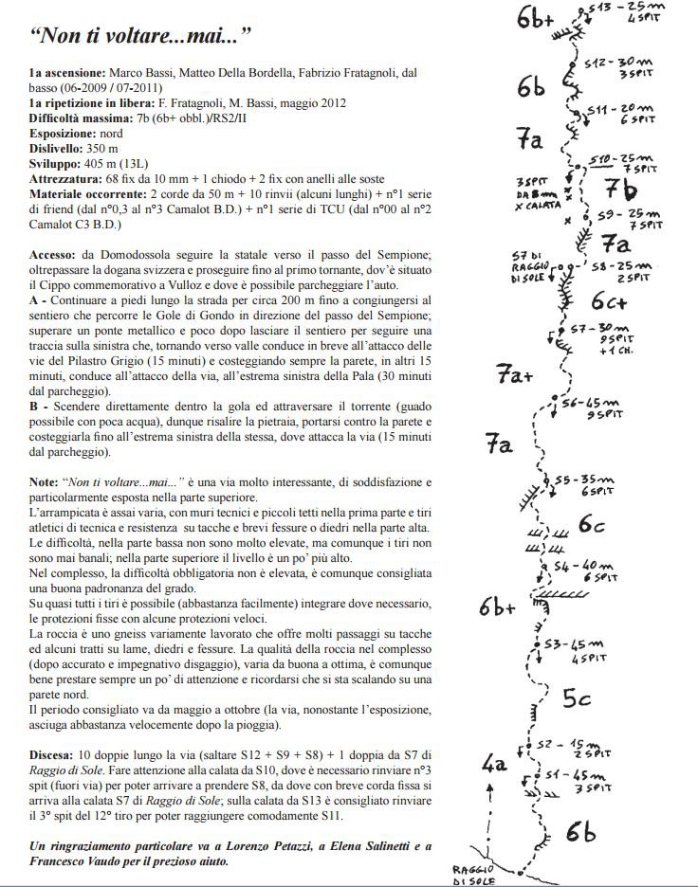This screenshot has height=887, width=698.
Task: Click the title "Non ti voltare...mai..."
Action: [141, 39]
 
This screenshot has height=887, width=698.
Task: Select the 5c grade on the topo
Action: [577, 699]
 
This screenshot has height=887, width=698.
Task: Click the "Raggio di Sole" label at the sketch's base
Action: [471, 874]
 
